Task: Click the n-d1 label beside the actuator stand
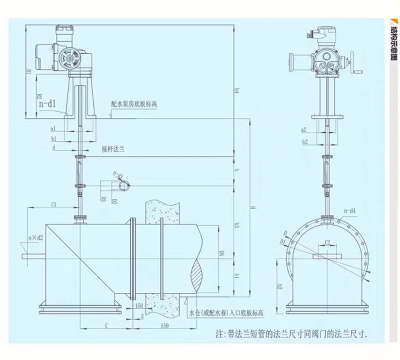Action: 47,104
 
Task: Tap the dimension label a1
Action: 53,129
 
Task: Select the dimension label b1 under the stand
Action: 54,138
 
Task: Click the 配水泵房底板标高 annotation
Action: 134,105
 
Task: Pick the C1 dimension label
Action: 54,204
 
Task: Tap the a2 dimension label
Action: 304,130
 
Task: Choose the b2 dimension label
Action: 305,142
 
